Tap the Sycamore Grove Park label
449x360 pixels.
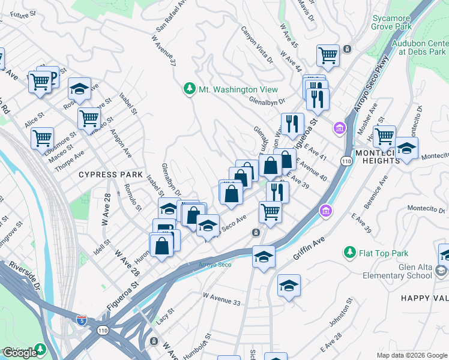(391, 23)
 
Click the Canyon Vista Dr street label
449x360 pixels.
(257, 44)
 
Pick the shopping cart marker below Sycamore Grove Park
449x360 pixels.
(328, 55)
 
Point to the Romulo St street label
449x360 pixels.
(134, 197)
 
